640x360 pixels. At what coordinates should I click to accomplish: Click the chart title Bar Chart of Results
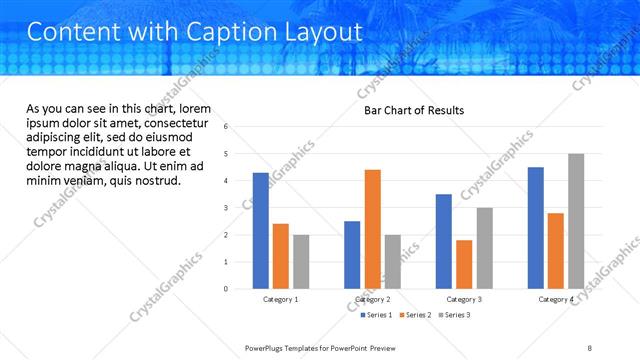point(413,110)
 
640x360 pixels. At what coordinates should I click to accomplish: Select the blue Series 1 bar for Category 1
point(261,231)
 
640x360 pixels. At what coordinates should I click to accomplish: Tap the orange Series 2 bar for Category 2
point(372,229)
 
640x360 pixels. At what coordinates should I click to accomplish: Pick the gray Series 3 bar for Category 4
point(575,221)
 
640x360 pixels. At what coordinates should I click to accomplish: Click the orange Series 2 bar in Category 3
point(464,264)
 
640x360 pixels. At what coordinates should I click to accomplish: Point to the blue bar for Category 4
point(536,228)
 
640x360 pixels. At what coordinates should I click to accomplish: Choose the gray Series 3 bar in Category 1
point(301,262)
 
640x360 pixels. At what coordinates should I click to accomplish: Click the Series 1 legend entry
point(377,315)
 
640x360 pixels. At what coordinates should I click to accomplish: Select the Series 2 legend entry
point(415,315)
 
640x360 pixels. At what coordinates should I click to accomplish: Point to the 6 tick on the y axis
point(227,127)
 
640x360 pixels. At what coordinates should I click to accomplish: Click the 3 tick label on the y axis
point(227,208)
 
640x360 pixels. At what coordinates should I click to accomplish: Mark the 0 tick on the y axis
point(227,289)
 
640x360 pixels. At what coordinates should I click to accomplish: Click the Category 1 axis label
point(281,299)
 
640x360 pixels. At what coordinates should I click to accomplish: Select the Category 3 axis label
point(464,299)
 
